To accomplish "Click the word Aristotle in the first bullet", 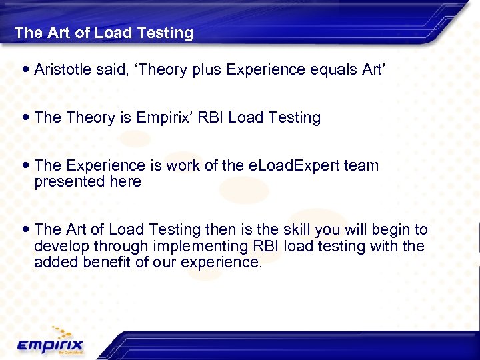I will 61,69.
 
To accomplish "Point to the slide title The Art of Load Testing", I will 103,33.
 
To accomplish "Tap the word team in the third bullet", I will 361,165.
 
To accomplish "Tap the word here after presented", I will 127,182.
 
